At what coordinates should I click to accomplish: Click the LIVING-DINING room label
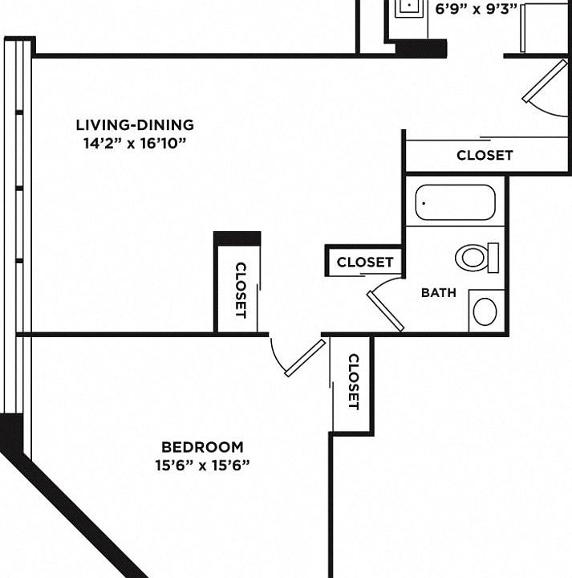135,125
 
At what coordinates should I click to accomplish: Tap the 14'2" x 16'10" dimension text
135,143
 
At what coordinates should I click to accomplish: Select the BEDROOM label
203,447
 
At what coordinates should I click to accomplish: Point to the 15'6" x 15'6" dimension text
203,465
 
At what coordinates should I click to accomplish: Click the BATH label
439,293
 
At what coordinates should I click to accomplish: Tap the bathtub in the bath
455,202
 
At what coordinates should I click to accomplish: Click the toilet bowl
472,258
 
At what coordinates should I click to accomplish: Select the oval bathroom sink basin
485,311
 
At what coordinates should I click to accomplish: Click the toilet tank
493,258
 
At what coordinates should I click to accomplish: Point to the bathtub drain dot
424,203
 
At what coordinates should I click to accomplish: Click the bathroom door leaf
385,311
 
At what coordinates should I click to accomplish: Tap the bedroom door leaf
306,358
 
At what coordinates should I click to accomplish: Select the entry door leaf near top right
545,81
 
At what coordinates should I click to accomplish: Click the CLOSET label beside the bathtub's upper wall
485,155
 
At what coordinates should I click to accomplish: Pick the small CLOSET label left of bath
365,262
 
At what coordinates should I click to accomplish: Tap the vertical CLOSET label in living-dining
241,290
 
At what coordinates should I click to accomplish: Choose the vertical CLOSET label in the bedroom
353,381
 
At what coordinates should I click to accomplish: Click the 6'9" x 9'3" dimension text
477,8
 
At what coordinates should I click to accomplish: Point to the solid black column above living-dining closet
237,238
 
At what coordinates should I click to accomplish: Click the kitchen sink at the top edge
410,8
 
